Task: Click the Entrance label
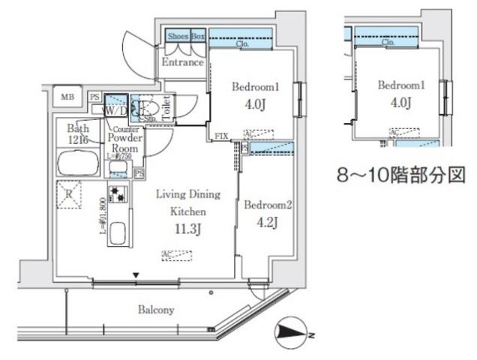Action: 183,62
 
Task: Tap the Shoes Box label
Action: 186,35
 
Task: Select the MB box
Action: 67,97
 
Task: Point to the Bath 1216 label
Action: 78,133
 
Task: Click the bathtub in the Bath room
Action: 79,162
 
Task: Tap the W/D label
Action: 115,111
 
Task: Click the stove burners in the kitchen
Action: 118,196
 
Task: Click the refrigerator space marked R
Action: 69,193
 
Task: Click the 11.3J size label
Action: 188,229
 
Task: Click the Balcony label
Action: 156,309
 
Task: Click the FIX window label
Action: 221,137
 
